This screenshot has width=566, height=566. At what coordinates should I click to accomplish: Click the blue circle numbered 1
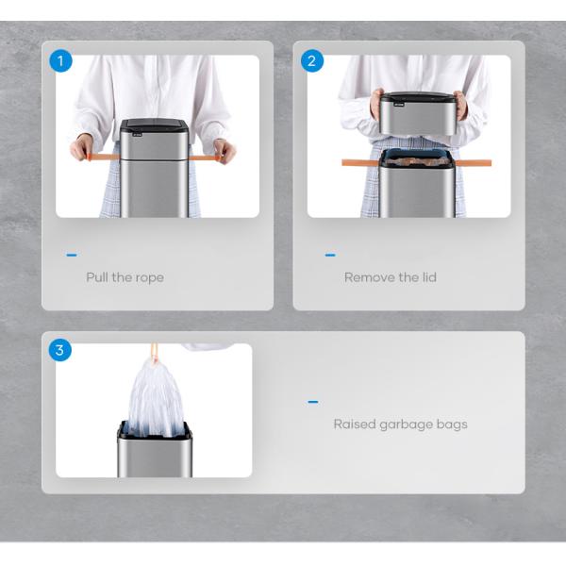point(60,60)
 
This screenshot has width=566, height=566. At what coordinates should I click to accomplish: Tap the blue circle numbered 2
point(312,60)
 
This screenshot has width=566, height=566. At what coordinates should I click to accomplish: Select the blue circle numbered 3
point(60,350)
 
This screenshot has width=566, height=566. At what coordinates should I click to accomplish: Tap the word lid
point(429,276)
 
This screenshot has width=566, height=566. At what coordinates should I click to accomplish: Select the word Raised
point(355,424)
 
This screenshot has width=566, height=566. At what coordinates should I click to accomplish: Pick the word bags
point(452,424)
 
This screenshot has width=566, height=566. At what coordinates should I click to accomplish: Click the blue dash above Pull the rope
point(72,256)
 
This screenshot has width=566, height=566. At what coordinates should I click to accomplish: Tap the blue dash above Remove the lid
point(330,256)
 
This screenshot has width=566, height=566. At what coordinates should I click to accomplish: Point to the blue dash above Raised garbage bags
point(313,402)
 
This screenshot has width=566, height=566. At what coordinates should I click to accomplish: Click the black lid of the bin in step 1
point(154,125)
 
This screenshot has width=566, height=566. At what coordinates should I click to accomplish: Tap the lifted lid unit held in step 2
point(418,113)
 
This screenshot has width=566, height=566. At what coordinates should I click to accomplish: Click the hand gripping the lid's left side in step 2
point(376,104)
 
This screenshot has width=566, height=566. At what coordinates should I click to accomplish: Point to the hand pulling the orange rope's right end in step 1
point(225,151)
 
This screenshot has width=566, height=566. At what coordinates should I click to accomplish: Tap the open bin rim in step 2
point(418,158)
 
